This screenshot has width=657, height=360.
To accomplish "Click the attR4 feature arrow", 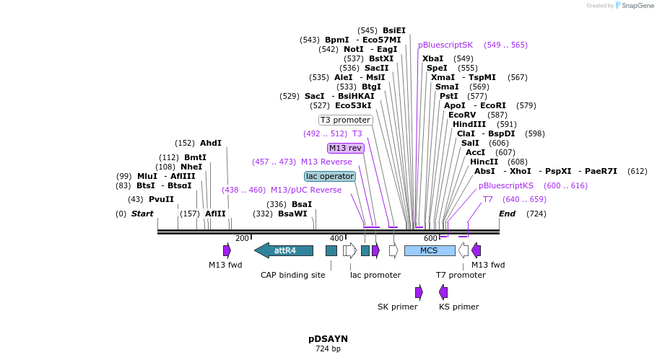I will point(284,250).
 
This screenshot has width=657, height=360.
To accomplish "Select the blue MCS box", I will point(430,250).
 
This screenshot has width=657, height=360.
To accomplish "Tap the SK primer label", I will point(397,307).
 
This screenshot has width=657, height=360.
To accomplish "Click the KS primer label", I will point(458,307).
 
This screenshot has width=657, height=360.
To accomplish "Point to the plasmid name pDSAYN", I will point(328,338).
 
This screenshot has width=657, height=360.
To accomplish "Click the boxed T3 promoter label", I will point(345,120).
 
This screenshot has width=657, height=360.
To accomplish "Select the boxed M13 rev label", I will point(346,148).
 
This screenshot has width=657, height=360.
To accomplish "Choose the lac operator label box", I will point(330,176).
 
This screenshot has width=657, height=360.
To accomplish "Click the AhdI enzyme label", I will point(211,144).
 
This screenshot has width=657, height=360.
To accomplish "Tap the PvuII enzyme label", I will point(161,200).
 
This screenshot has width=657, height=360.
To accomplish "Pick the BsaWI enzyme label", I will point(292,214).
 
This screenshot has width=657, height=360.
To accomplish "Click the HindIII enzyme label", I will point(469,125).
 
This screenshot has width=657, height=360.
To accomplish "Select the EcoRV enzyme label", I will point(462,115).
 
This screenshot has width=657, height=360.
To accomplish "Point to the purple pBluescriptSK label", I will point(445,45).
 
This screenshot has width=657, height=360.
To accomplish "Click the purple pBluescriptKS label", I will point(506,185).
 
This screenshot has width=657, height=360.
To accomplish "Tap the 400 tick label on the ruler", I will point(336,238).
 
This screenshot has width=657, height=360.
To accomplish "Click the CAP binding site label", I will point(292,275).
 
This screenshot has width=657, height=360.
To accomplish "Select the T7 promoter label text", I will point(461,275).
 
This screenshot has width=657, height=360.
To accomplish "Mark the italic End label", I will point(507,214).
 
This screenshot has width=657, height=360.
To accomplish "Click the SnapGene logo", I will point(630,6).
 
